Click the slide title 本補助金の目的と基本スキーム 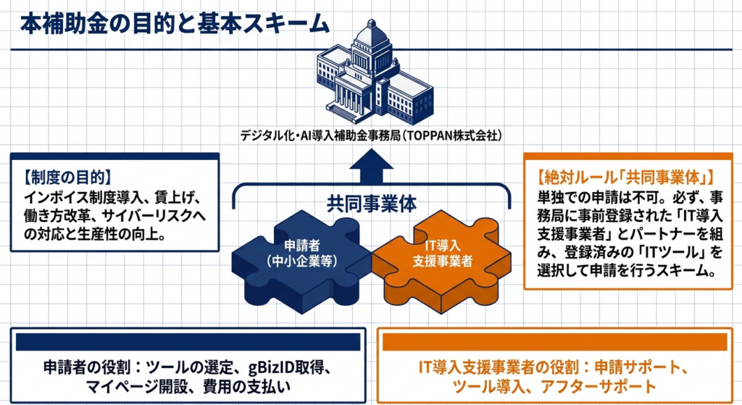coord(175,24)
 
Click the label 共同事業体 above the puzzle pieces coord(372,204)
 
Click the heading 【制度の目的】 coord(67,178)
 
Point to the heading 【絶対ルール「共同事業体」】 coord(625,178)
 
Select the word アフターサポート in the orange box coord(598,386)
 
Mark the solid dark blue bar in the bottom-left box coord(188,342)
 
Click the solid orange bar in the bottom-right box coord(554,342)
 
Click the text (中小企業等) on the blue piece coord(302,261)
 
